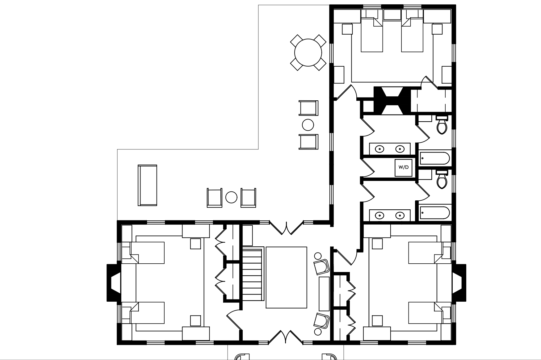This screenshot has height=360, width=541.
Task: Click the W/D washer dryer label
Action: click(x=403, y=167)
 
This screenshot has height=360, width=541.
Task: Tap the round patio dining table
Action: click(x=308, y=52)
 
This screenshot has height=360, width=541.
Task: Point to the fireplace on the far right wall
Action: click(x=459, y=282)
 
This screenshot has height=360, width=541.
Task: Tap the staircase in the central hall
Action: click(x=253, y=273)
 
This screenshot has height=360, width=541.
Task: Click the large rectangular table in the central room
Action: click(x=286, y=277)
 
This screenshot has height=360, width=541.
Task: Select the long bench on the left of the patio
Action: click(x=147, y=185)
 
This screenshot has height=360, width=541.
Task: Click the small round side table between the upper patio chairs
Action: click(x=308, y=125)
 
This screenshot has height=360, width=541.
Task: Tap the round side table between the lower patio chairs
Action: click(x=231, y=197)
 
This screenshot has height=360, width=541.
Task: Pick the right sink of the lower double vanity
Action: click(x=400, y=215)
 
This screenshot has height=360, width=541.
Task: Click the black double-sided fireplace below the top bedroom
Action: click(x=392, y=101)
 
